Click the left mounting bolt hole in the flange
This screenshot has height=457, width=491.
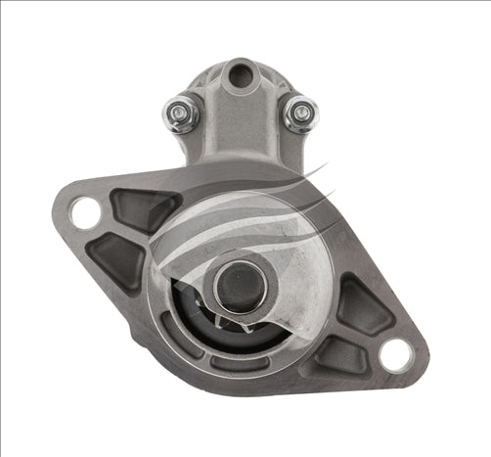pos(86,212)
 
